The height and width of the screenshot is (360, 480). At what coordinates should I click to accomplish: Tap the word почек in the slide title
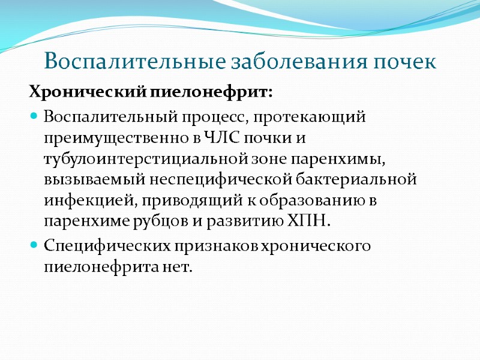[404, 62]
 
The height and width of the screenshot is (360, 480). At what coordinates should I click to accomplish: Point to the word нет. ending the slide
[179, 266]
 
